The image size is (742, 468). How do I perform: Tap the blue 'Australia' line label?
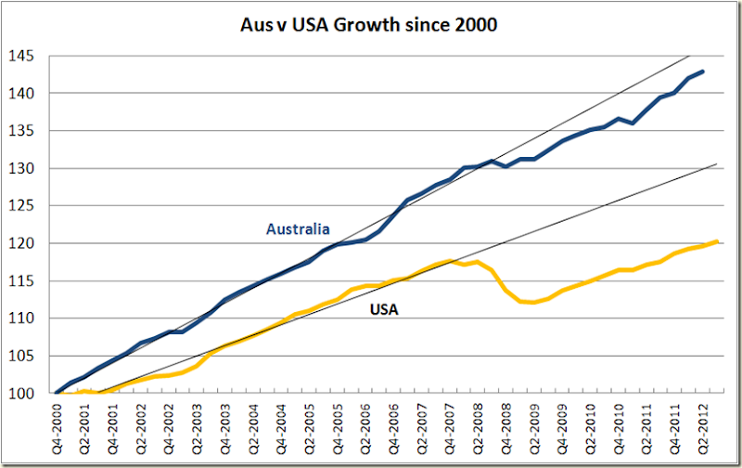[299, 228]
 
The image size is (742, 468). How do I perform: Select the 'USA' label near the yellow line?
[384, 310]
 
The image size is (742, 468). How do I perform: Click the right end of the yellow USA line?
[718, 241]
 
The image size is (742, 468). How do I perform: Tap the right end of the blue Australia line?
[703, 71]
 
